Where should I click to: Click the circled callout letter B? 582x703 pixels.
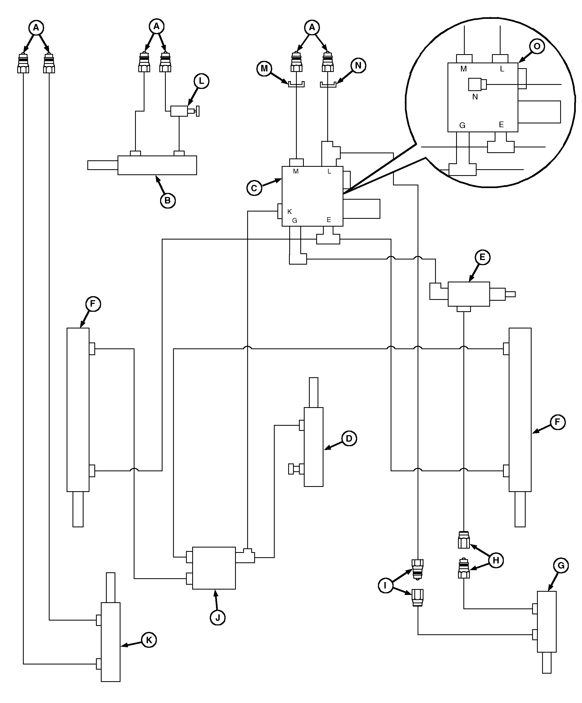(x=167, y=200)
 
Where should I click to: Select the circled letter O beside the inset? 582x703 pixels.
(x=537, y=46)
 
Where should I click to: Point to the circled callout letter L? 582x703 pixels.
(x=201, y=81)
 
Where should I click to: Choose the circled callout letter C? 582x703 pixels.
(x=254, y=188)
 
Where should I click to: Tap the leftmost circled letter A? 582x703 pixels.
(x=36, y=28)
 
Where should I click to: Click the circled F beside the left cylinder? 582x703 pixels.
(x=93, y=304)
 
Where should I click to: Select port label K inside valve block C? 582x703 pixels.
(x=290, y=212)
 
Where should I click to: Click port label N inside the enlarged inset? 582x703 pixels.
(x=475, y=97)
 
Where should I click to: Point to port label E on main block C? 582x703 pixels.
(x=329, y=220)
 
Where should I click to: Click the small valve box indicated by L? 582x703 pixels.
(x=179, y=111)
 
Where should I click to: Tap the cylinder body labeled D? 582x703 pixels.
(x=314, y=447)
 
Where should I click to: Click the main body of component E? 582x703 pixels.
(x=469, y=294)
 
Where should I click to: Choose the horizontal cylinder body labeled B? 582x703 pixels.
(x=157, y=165)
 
